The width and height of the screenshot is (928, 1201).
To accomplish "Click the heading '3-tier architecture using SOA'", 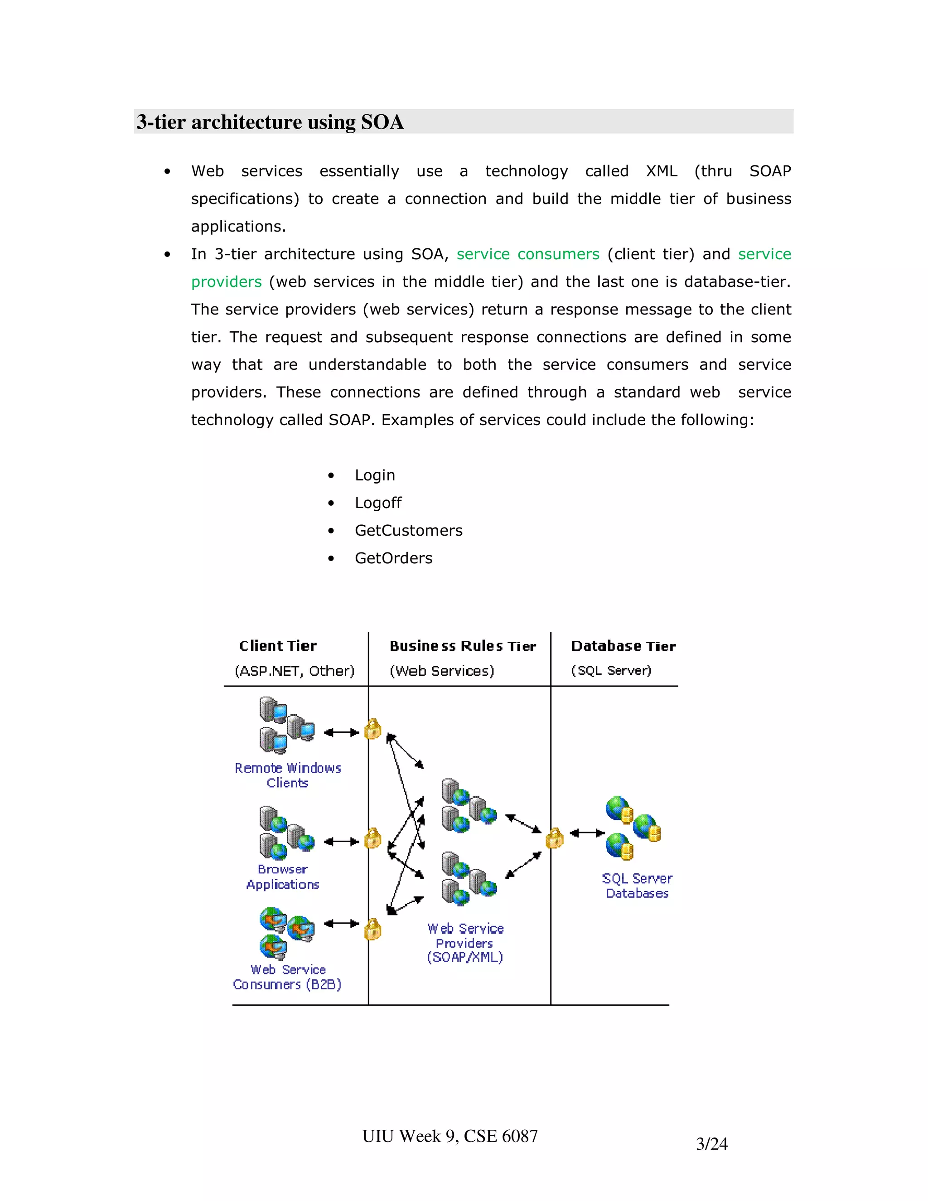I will (x=270, y=121).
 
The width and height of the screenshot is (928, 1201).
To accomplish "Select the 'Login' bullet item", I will (x=374, y=475).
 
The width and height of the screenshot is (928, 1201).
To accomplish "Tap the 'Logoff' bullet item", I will (x=378, y=503).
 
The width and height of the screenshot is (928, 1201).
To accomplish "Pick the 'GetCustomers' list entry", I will (x=408, y=530).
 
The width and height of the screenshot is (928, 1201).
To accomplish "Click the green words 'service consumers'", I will (x=528, y=254).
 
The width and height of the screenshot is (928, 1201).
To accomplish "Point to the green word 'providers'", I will (x=227, y=281).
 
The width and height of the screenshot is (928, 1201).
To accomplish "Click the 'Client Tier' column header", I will (x=278, y=645).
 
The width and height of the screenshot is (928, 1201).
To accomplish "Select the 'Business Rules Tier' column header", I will (x=462, y=646).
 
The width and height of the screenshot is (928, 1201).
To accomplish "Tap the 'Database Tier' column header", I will (x=623, y=646).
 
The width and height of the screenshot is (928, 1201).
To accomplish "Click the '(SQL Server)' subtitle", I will (x=611, y=670).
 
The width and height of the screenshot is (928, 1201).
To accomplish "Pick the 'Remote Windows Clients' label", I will (x=288, y=775).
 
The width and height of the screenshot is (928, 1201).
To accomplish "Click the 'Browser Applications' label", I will (x=283, y=877).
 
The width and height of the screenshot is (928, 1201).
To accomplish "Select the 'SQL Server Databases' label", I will (x=637, y=886).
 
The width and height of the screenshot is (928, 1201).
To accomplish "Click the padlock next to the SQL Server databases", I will (x=554, y=838).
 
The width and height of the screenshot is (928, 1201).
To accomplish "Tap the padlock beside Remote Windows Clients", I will (x=373, y=729).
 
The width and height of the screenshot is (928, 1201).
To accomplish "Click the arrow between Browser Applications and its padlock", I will (x=341, y=841).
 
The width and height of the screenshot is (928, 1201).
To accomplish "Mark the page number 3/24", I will (x=711, y=1144).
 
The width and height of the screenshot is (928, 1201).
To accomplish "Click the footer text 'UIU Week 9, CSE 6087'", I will (x=449, y=1136).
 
